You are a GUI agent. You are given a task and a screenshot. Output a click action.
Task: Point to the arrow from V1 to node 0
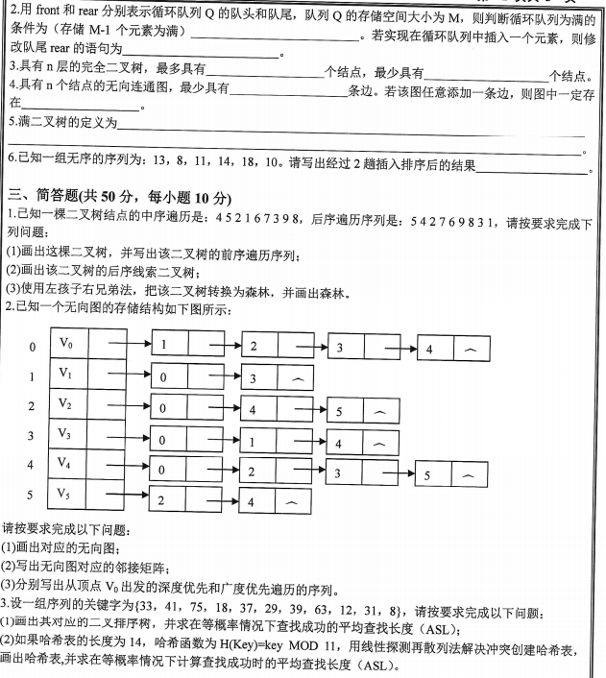coord(124,375)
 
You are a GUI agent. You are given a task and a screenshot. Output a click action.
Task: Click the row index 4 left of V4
coord(32,466)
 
